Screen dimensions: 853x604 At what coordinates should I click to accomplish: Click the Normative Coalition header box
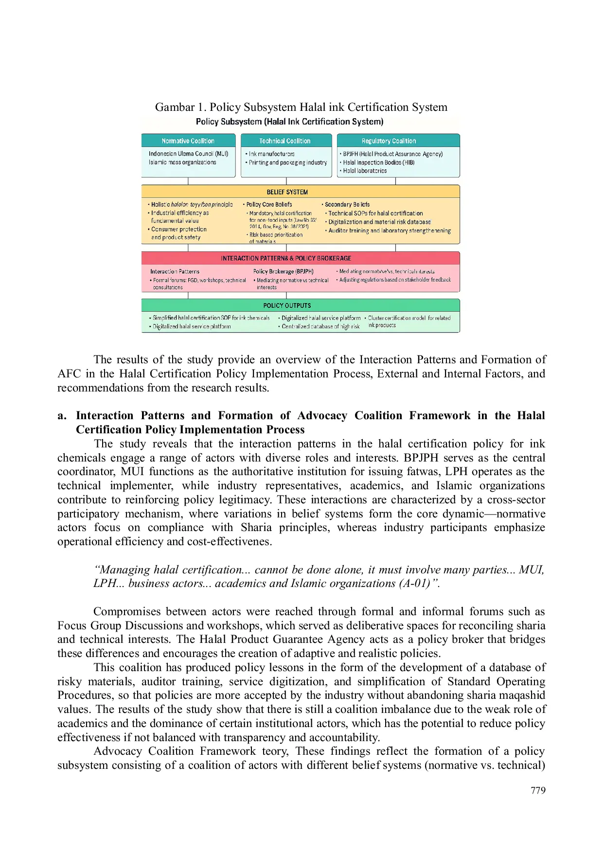pyautogui.click(x=188, y=141)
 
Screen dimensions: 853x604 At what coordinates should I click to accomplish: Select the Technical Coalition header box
pyautogui.click(x=285, y=141)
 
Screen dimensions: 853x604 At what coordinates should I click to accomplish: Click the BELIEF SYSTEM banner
pyautogui.click(x=287, y=192)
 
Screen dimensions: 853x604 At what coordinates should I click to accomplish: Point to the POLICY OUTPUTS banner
pyautogui.click(x=287, y=305)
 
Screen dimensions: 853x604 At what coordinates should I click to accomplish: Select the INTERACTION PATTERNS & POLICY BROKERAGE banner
pyautogui.click(x=286, y=258)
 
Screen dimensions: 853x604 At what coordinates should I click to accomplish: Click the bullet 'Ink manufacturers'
pyautogui.click(x=271, y=154)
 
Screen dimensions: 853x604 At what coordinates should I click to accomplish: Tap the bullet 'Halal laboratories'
pyautogui.click(x=365, y=171)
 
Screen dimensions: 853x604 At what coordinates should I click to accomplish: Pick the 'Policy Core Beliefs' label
pyautogui.click(x=269, y=205)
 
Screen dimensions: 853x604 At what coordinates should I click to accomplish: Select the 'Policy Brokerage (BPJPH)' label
pyautogui.click(x=283, y=271)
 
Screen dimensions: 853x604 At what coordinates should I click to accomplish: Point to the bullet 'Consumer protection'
pyautogui.click(x=178, y=229)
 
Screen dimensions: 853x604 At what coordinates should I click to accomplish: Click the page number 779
pyautogui.click(x=538, y=790)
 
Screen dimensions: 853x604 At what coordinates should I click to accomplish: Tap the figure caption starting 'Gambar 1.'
pyautogui.click(x=301, y=107)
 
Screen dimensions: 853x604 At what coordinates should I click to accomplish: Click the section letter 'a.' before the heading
pyautogui.click(x=62, y=416)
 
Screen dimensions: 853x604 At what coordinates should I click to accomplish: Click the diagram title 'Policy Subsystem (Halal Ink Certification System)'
pyautogui.click(x=289, y=122)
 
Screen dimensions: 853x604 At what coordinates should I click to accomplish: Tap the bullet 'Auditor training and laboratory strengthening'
pyautogui.click(x=389, y=231)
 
